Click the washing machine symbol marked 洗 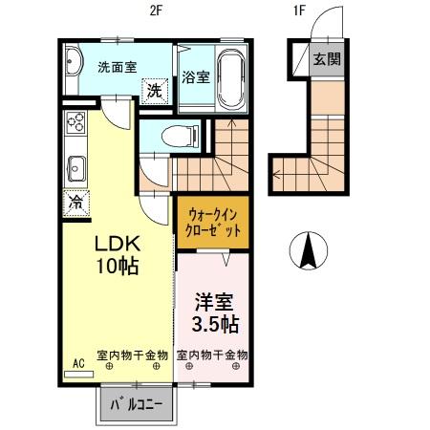[x=153, y=91]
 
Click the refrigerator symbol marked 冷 [x=75, y=202]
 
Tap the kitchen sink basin [x=75, y=170]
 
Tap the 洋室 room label [x=212, y=300]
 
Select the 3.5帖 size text [x=213, y=324]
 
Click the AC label [x=78, y=365]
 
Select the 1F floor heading [x=299, y=11]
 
